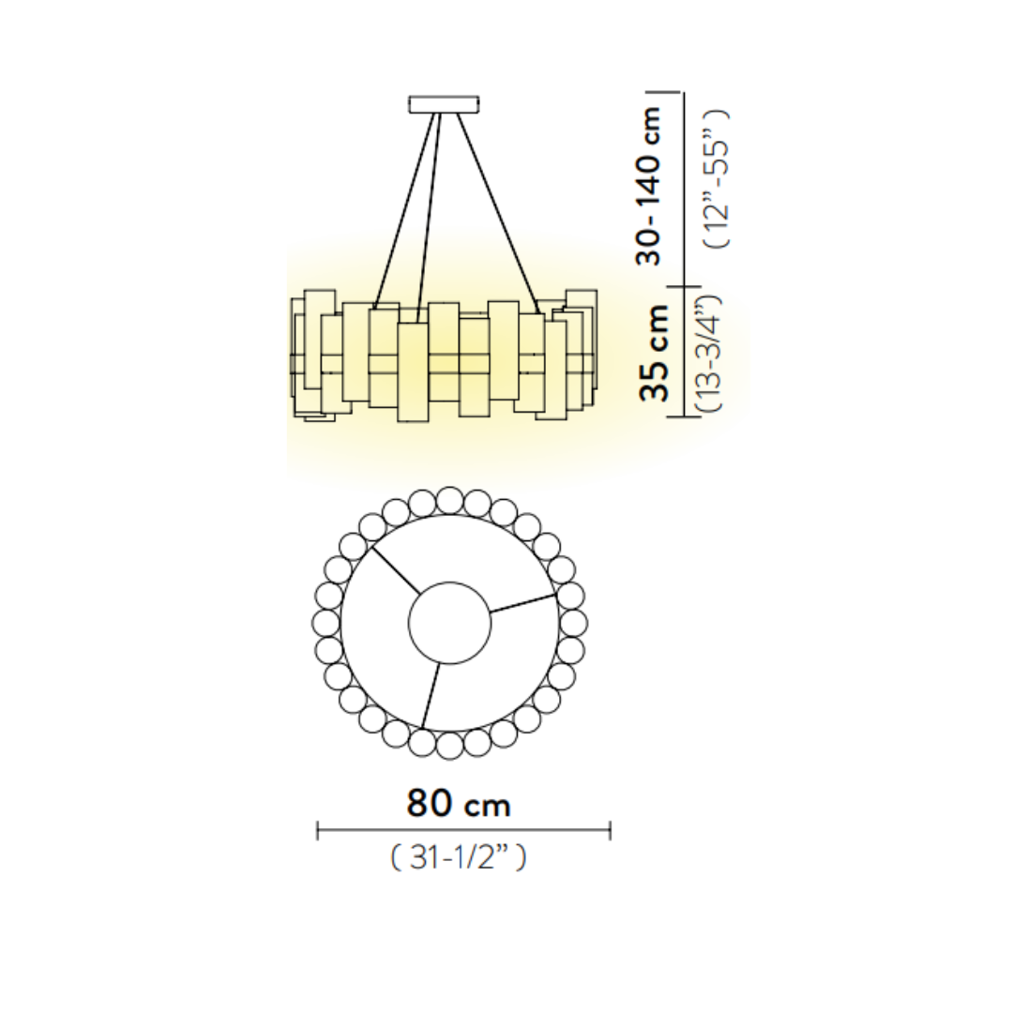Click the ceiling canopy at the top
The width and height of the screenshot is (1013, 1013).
coord(444,103)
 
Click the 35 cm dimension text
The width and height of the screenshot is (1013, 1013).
coord(655,353)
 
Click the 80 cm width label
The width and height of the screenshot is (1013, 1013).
coord(459,804)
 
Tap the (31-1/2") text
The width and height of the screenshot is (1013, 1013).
coord(459,857)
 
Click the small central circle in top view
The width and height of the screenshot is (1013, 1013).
coord(449,622)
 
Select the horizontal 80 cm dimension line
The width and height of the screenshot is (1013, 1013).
coord(463,830)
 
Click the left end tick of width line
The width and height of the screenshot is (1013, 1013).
coord(318,830)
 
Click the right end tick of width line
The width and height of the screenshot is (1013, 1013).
coord(610,830)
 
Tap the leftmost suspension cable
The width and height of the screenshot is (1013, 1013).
coord(405,211)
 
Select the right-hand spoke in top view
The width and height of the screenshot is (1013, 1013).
coord(523,603)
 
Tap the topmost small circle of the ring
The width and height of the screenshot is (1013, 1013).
coord(449,501)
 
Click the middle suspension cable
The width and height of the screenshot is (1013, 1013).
coord(427,211)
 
